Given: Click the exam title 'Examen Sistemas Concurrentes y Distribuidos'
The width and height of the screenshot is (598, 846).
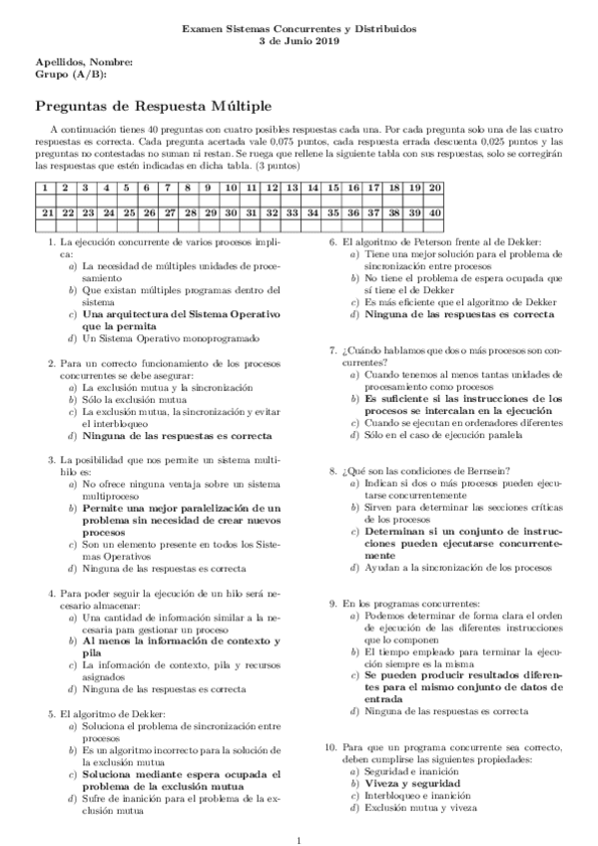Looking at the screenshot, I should click(299, 30).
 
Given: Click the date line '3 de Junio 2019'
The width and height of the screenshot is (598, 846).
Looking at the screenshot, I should click(299, 42).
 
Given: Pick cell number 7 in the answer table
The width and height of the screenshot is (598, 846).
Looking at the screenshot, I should click(170, 188).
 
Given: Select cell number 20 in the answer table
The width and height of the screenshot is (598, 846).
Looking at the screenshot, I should click(435, 188).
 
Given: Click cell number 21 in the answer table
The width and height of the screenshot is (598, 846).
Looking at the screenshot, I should click(46, 212).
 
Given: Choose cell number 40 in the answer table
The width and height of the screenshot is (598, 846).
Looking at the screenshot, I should click(435, 212).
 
